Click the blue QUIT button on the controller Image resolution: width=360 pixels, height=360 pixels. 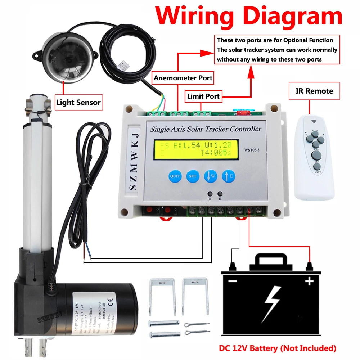[x=175, y=176]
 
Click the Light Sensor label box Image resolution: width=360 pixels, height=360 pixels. [x=78, y=103]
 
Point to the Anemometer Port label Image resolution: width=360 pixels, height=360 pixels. [x=183, y=78]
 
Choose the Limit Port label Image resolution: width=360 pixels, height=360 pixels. [x=203, y=96]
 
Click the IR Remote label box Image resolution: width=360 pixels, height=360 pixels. [x=314, y=91]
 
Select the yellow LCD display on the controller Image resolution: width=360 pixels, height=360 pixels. [x=197, y=149]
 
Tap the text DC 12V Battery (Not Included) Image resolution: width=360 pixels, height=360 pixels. [x=278, y=348]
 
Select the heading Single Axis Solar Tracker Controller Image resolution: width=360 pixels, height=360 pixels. [x=206, y=129]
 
